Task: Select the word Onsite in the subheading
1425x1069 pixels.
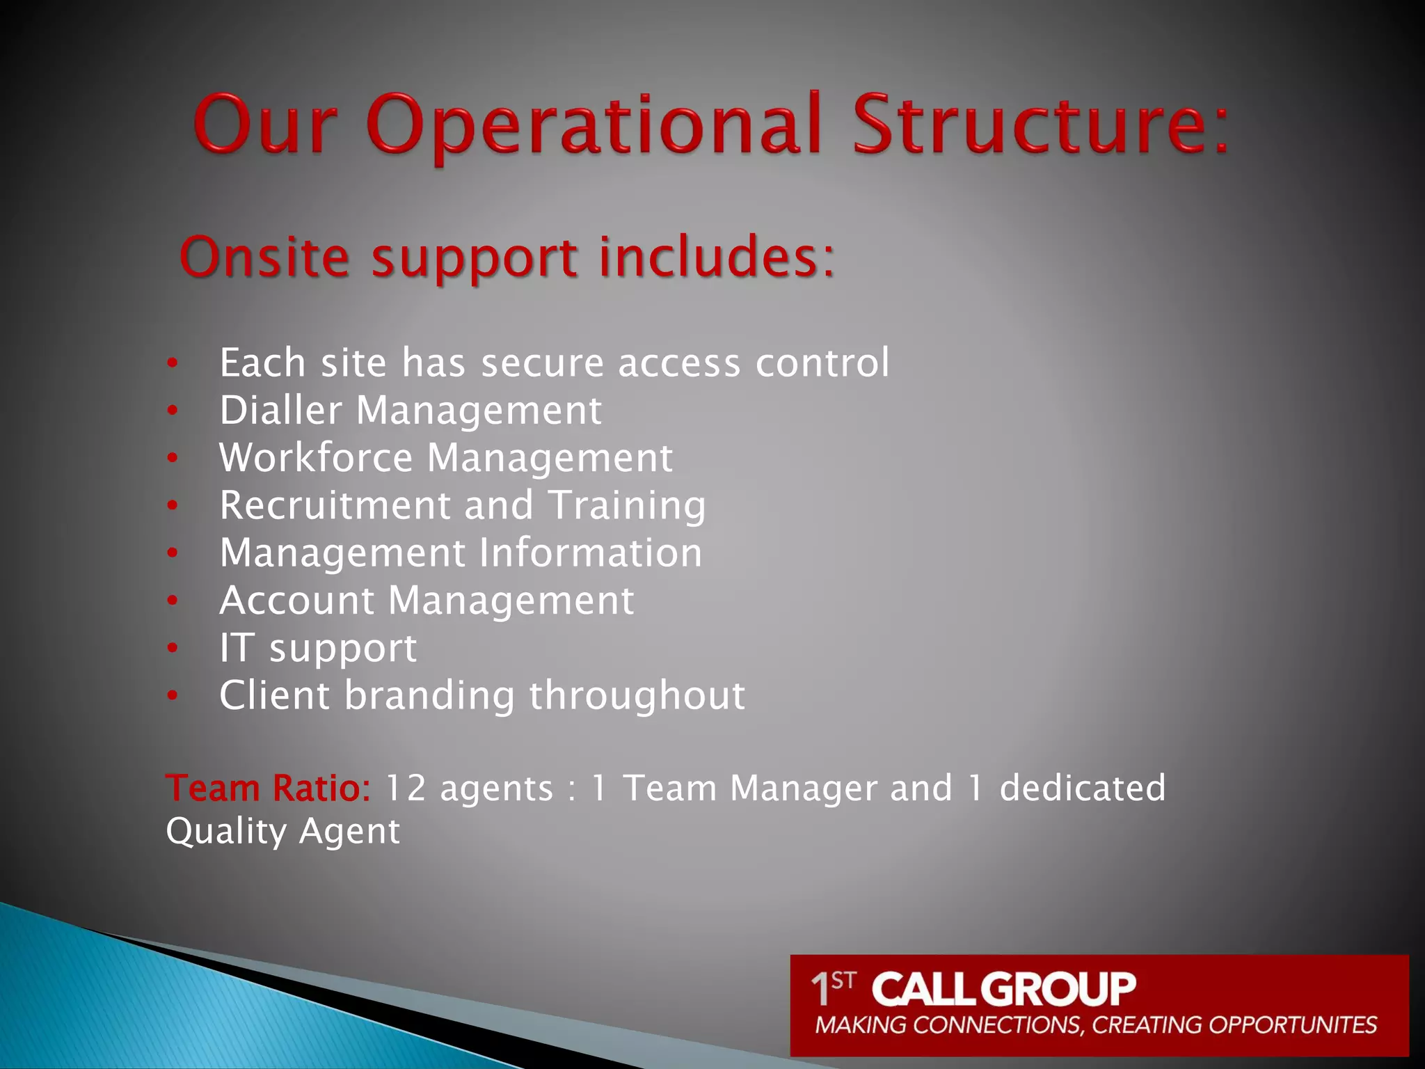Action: [264, 258]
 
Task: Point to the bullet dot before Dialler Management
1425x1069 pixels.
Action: [173, 411]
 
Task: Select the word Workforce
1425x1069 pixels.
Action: [316, 458]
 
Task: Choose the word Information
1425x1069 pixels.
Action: [590, 553]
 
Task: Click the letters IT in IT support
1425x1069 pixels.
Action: [235, 648]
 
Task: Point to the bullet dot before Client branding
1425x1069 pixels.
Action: [173, 695]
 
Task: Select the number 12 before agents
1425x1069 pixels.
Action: [405, 789]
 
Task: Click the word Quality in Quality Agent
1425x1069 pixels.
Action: [226, 831]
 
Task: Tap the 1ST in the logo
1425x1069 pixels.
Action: [832, 988]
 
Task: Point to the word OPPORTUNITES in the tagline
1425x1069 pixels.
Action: [1292, 1025]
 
